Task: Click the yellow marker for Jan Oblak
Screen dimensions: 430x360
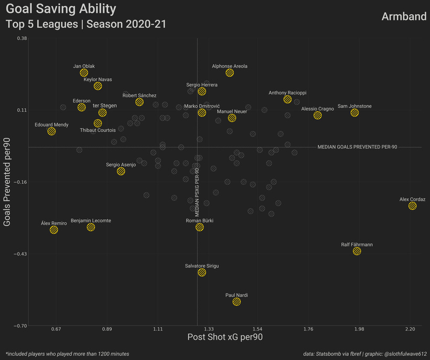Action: (84, 73)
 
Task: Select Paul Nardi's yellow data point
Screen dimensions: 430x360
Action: (236, 302)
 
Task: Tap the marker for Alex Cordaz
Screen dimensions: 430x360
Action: (413, 206)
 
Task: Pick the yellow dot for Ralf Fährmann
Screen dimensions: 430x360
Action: (357, 251)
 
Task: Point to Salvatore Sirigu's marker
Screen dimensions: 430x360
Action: (202, 272)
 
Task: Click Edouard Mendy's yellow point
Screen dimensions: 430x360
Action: (51, 131)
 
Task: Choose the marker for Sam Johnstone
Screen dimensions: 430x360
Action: (354, 113)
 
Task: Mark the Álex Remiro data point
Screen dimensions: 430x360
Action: (53, 230)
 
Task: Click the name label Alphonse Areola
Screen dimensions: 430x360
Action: (230, 66)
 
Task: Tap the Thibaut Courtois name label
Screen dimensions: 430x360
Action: (98, 130)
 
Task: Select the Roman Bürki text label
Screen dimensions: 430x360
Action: (199, 220)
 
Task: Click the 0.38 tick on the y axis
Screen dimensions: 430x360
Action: (22, 38)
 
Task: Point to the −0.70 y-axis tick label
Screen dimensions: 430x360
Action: (20, 326)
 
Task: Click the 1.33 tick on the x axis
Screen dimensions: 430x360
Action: (209, 329)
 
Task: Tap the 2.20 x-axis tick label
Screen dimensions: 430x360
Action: (410, 329)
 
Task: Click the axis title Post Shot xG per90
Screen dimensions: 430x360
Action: (225, 337)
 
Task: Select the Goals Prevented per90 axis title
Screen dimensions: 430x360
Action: (7, 182)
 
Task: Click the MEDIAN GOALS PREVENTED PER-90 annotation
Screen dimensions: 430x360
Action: (357, 147)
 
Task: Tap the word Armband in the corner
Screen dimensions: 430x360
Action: (404, 16)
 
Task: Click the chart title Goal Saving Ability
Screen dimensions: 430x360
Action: (61, 9)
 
